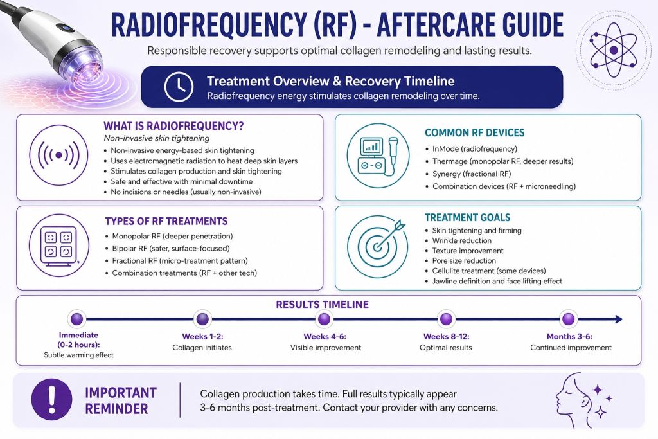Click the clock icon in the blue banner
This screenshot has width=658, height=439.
[x=179, y=87]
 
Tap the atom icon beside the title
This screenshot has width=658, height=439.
[x=613, y=50]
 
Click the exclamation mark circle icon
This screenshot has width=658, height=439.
[x=51, y=399]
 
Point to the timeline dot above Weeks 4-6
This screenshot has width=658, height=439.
[x=324, y=319]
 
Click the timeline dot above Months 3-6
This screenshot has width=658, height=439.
[x=568, y=319]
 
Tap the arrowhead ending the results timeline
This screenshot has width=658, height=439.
[x=619, y=319]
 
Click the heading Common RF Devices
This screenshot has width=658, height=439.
[x=475, y=132]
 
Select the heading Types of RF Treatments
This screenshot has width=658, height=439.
[x=166, y=221]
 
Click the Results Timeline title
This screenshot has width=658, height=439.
[x=323, y=304]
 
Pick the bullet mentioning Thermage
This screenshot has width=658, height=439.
[x=502, y=161]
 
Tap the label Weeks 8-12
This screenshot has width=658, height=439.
[x=446, y=336]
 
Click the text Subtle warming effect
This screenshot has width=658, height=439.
[x=78, y=355]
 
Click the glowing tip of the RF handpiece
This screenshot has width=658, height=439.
[x=82, y=73]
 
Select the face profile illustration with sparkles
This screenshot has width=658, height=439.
[x=584, y=400]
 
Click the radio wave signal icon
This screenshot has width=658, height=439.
[x=58, y=156]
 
